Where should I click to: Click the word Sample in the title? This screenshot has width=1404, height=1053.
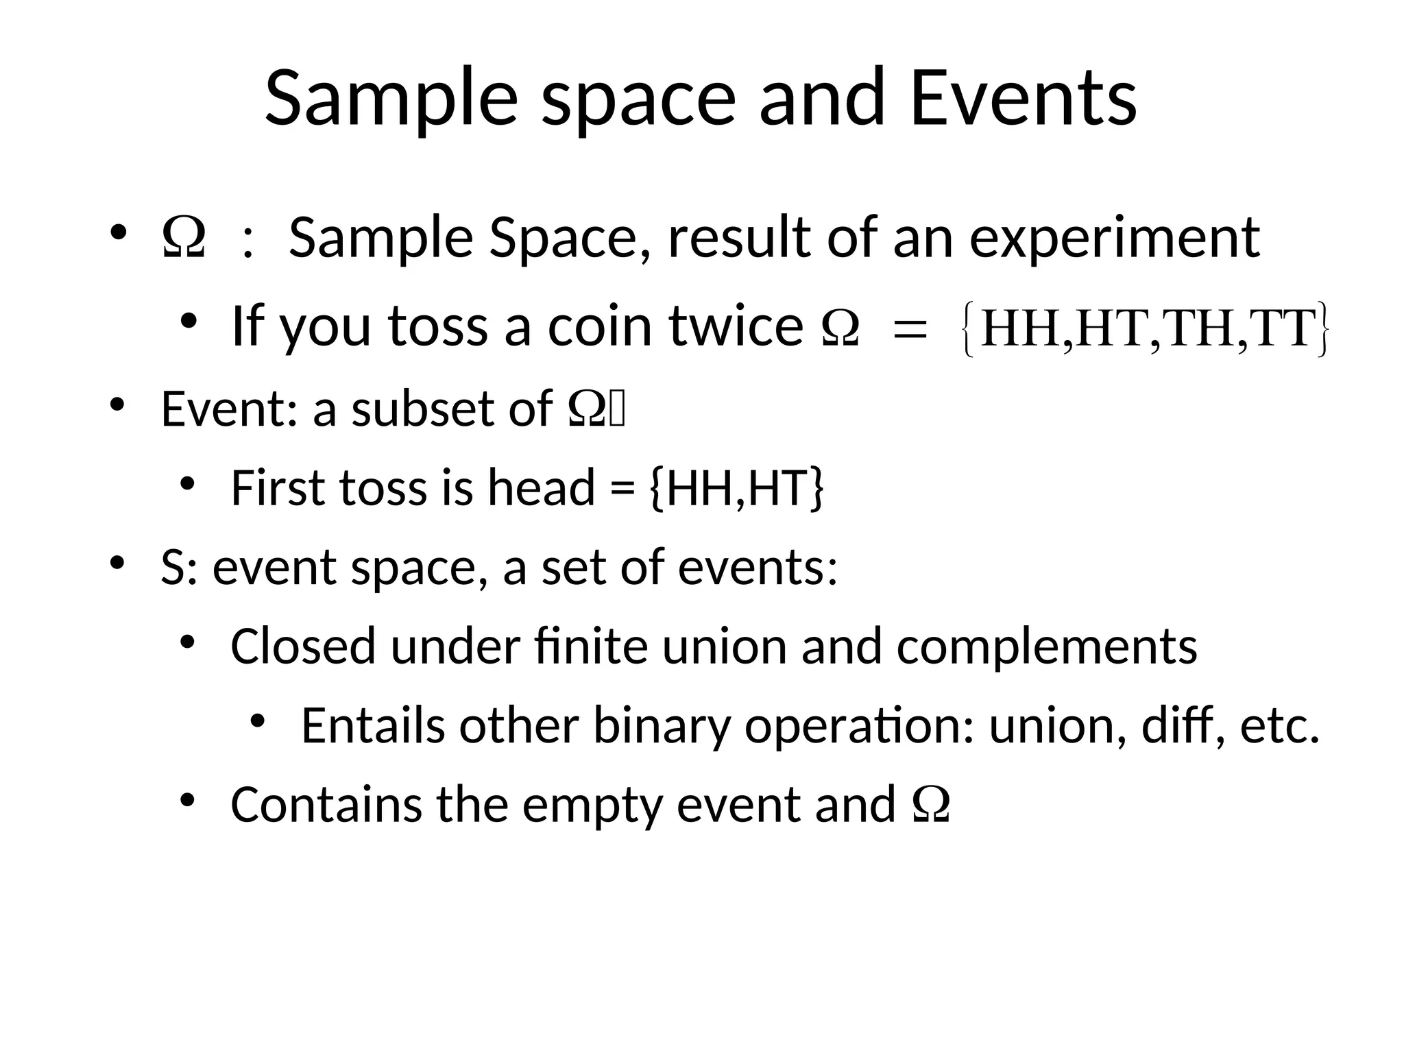[391, 99]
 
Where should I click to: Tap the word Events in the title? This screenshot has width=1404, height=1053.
[1023, 99]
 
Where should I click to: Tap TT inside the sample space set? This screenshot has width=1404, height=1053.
[1282, 329]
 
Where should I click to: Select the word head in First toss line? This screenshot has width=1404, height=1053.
[541, 488]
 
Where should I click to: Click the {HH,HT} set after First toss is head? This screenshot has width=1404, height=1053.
[735, 488]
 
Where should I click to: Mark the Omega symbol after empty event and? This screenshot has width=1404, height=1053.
[932, 805]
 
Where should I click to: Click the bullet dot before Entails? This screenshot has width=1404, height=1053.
[257, 721]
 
